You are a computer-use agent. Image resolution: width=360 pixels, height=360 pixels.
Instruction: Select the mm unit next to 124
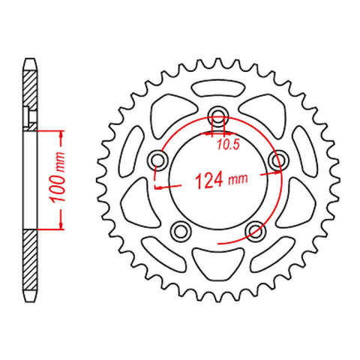[x=238, y=181]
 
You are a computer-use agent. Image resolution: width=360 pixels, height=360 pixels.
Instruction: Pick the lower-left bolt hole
[x=181, y=229]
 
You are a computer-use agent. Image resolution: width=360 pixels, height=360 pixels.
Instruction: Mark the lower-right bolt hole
[x=256, y=229]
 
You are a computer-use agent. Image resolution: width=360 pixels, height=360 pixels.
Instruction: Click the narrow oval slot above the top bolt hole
[x=218, y=82]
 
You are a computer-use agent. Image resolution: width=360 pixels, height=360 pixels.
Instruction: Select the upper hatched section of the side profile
[x=28, y=90]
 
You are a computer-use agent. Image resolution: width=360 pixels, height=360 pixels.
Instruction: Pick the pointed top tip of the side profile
[x=28, y=60]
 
